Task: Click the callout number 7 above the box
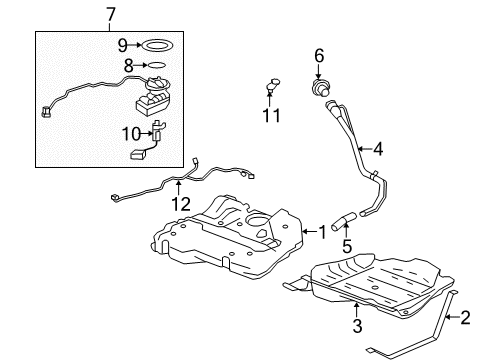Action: (x=111, y=13)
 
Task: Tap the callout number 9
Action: (x=122, y=44)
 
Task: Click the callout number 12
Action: (x=179, y=205)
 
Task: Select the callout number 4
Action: (x=379, y=151)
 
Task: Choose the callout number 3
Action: (x=355, y=325)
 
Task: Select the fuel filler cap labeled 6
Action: (x=321, y=89)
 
